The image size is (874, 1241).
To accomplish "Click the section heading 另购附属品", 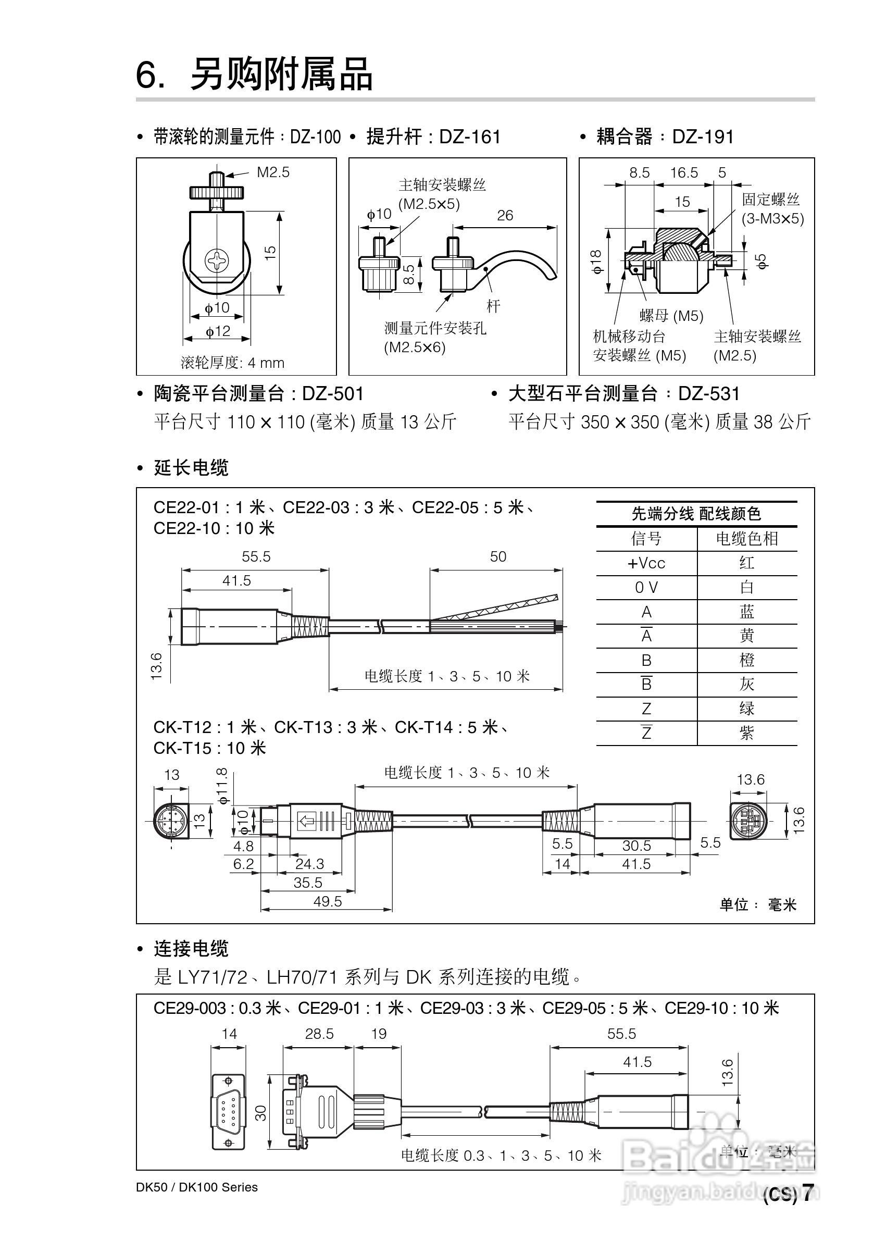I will click(281, 74).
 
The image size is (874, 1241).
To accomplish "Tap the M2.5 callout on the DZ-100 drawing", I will click(273, 172).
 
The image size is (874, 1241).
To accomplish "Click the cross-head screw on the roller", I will click(217, 261).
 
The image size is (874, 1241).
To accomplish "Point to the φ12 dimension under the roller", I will click(218, 331).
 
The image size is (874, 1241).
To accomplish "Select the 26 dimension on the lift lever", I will click(505, 216).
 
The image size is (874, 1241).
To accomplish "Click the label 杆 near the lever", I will click(493, 306).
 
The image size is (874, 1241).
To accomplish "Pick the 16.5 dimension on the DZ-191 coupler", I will click(684, 173).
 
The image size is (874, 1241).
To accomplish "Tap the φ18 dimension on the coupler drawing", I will click(596, 262).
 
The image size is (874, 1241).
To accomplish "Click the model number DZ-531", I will click(708, 393).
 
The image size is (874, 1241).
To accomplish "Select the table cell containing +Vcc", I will click(646, 563).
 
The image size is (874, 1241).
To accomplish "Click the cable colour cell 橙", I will click(746, 660).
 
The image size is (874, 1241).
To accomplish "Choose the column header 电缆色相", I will click(746, 538).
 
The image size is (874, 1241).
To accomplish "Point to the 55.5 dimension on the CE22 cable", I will click(256, 557).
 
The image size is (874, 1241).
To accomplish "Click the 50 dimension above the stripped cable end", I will click(498, 557).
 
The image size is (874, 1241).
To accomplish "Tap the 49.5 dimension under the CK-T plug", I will click(328, 901).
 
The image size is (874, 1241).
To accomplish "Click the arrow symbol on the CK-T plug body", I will click(307, 822).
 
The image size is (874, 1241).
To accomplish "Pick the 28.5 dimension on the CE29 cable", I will click(319, 1034).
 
